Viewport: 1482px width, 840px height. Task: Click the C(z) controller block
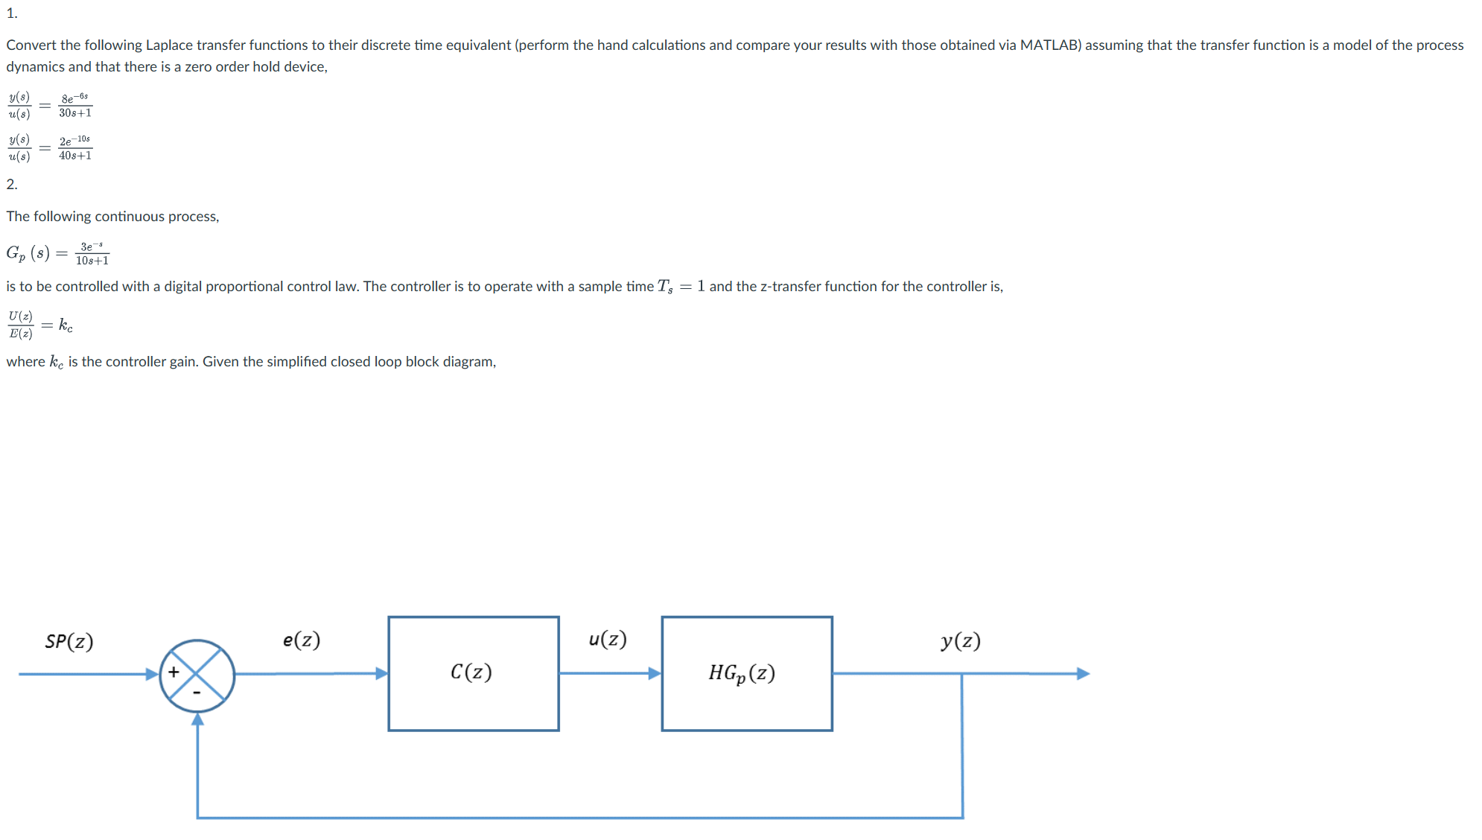coord(473,673)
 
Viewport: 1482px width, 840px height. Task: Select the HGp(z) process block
coord(746,673)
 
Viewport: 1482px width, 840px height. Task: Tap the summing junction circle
coord(197,675)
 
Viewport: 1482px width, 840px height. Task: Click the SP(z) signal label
coord(69,641)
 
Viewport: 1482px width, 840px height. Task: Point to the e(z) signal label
coord(302,640)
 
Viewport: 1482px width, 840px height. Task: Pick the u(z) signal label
coord(608,639)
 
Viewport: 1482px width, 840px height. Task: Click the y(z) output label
coord(961,640)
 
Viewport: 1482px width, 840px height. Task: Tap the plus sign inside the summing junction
coord(174,672)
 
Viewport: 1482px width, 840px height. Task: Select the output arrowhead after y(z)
coord(1084,673)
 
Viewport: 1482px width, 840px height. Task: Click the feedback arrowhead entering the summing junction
coord(197,719)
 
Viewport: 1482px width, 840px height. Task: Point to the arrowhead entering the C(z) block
coord(381,673)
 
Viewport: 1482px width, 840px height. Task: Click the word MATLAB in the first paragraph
coord(1050,45)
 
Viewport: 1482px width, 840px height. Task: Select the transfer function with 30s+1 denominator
coord(51,105)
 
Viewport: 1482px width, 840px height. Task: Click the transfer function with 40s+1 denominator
coord(51,147)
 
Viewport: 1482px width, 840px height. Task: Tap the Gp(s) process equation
coord(58,253)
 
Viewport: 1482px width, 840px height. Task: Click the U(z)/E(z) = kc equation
coord(40,325)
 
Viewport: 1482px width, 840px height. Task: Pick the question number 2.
coord(12,184)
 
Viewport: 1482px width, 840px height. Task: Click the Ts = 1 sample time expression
coord(681,287)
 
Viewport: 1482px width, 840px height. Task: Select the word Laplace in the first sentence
coord(169,45)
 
